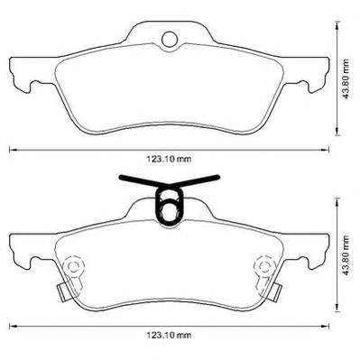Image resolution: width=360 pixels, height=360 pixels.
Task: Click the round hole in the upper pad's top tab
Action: pyautogui.click(x=170, y=39)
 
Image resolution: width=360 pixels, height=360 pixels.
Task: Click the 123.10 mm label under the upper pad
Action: pyautogui.click(x=169, y=160)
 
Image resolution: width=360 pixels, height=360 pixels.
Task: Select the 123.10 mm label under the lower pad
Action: pyautogui.click(x=169, y=335)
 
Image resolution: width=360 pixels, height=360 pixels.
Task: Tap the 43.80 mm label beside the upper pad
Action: pyautogui.click(x=346, y=79)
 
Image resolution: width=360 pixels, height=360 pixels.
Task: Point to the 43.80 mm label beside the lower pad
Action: pyautogui.click(x=346, y=255)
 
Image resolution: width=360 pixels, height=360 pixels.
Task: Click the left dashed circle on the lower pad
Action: pyautogui.click(x=73, y=265)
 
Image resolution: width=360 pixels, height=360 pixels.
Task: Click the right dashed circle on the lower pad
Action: pyautogui.click(x=263, y=265)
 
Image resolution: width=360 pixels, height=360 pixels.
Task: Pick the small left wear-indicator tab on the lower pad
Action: pyautogui.click(x=63, y=292)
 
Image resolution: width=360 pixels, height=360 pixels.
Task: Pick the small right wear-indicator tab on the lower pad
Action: pyautogui.click(x=275, y=292)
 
